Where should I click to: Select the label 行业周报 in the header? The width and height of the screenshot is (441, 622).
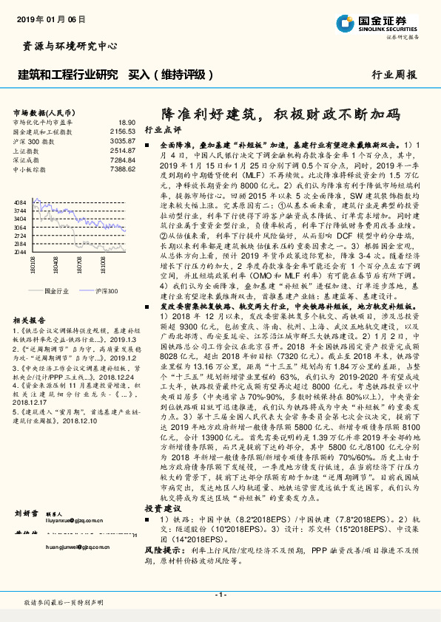point(394,75)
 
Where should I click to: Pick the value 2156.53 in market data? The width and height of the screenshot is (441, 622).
point(124,131)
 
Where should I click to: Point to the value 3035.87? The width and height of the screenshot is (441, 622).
point(124,140)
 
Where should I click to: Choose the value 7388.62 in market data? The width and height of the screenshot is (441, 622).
point(124,169)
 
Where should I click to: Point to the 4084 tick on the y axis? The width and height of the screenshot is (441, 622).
point(21,202)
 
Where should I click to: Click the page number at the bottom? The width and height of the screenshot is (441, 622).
point(219,595)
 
